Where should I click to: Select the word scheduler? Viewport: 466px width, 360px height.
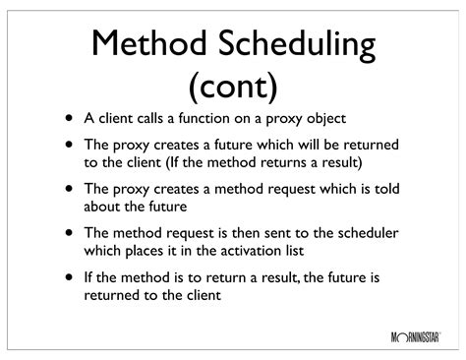point(359,233)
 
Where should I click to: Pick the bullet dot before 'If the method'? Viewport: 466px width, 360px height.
point(69,276)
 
